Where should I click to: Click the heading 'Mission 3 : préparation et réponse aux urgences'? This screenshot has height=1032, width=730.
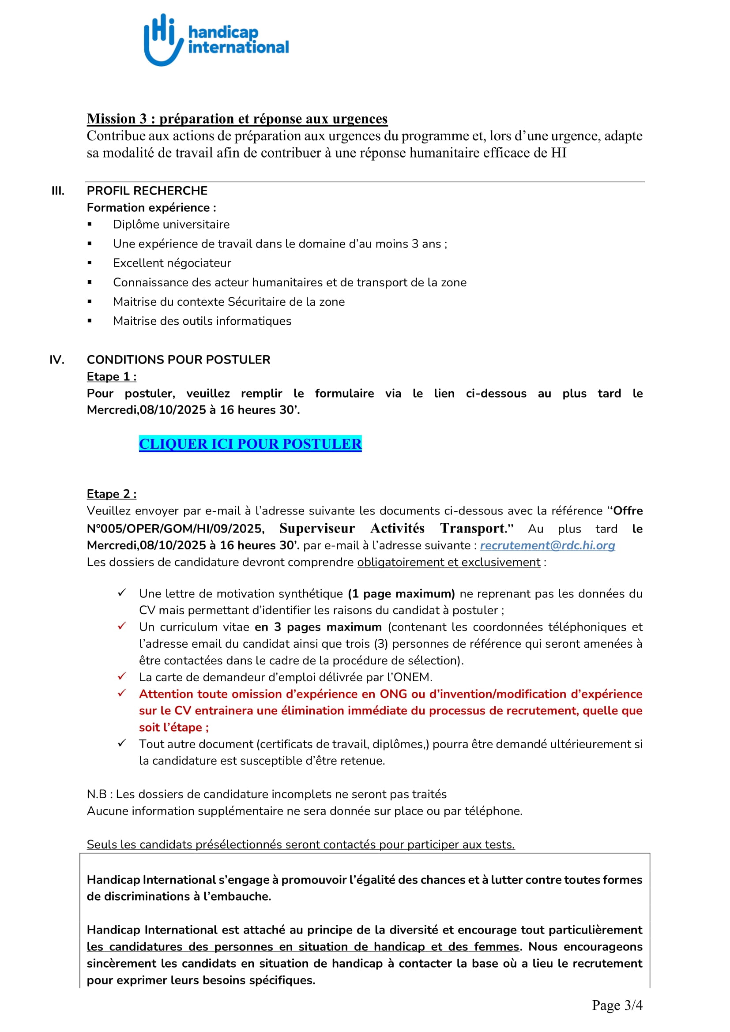pos(237,119)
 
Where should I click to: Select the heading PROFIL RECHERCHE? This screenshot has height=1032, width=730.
pos(147,191)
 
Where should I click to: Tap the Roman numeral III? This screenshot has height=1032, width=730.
pos(57,191)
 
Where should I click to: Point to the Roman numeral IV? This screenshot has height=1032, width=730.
pos(56,360)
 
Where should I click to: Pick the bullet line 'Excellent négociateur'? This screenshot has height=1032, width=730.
pos(172,263)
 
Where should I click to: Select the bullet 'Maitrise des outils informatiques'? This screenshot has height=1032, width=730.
pos(202,321)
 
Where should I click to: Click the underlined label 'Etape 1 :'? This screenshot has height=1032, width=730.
pos(112,377)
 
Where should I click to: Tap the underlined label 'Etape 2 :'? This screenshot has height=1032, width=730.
pos(112,494)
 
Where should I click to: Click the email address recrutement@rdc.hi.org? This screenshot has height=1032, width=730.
pos(547,545)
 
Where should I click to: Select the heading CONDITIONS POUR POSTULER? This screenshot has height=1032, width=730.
pos(178,360)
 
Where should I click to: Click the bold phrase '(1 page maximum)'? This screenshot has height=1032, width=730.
pos(401,594)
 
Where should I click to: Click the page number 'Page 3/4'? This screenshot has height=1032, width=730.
pos(617,1006)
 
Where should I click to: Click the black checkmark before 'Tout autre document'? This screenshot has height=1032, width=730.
pos(122,743)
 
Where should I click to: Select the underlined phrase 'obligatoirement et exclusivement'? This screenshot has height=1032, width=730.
pos(448,562)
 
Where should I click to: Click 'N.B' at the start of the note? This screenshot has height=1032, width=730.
pos(96,794)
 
